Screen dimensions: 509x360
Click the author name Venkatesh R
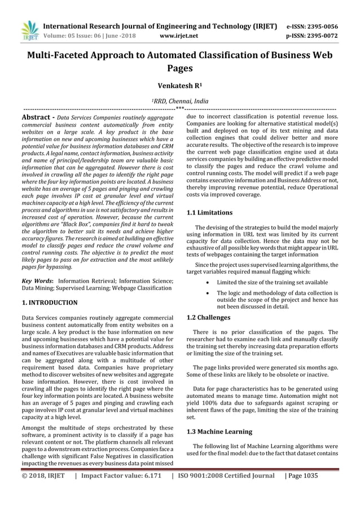pyautogui.click(x=179, y=87)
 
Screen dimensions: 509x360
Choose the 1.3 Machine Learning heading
pyautogui.click(x=219, y=432)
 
